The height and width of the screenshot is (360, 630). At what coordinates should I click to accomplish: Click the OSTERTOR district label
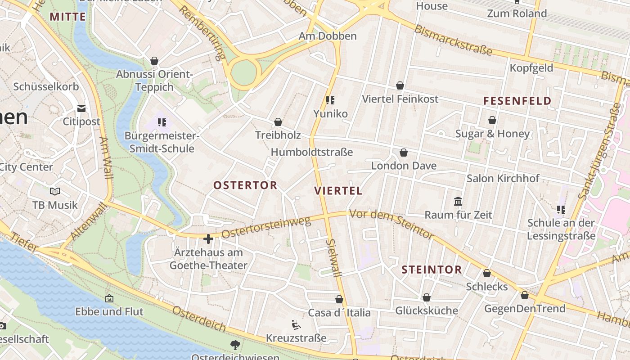pos(245,185)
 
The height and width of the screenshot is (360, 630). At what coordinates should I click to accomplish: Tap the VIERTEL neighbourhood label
pos(338,191)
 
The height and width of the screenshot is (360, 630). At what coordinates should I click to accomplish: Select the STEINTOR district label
pos(432,270)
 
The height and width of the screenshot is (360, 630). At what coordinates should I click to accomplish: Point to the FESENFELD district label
pos(517,101)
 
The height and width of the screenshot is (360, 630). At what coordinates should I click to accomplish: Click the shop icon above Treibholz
pos(278,122)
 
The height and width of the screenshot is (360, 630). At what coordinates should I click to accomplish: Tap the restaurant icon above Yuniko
pos(331,100)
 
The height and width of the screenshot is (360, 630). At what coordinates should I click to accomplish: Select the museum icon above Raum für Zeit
pos(458,201)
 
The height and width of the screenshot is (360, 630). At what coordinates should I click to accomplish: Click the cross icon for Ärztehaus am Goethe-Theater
pos(208,239)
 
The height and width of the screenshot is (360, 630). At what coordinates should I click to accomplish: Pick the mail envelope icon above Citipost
pos(81,108)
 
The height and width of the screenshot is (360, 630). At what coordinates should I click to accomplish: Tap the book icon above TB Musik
pos(55,192)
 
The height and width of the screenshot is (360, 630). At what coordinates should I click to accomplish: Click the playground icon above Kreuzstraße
pos(296,324)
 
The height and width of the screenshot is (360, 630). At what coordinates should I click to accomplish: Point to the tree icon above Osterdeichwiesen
pos(235,345)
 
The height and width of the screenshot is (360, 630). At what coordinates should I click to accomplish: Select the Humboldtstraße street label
pos(311,153)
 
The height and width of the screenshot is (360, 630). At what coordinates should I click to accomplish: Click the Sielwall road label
pos(333,257)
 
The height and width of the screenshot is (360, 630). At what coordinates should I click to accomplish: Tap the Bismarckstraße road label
pos(453,40)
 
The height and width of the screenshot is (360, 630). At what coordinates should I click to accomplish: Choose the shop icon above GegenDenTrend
pos(524,295)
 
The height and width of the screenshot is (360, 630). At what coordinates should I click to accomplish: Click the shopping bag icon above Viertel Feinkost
pos(400,85)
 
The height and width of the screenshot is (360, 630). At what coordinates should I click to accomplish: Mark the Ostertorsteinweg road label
pos(266,228)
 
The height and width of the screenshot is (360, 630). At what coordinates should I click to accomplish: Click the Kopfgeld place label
pos(531,68)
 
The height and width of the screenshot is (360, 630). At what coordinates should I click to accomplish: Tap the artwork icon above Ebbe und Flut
pos(109,298)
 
